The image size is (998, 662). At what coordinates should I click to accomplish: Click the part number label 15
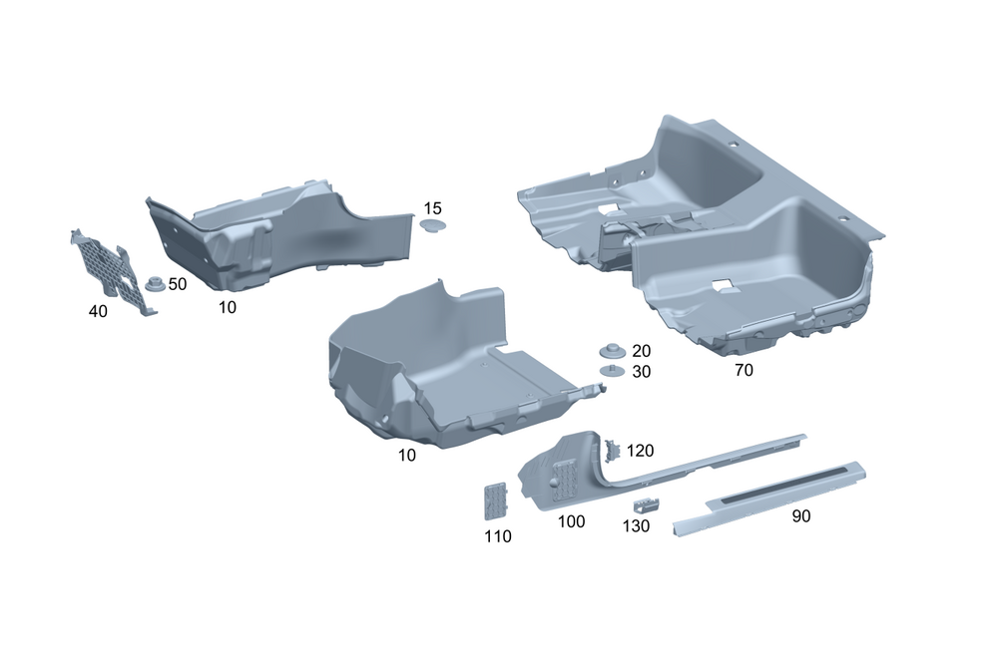(432, 208)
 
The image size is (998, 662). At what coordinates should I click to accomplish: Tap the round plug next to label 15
(433, 224)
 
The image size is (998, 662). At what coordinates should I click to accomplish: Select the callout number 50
(178, 283)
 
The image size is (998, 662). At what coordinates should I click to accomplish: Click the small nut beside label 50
(156, 284)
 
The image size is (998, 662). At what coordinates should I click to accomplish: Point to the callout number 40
(98, 312)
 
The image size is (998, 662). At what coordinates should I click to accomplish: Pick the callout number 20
(641, 351)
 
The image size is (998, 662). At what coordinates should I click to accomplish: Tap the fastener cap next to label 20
(613, 350)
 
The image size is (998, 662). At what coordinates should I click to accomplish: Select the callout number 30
(641, 372)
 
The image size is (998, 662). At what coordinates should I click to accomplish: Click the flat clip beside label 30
(613, 371)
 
